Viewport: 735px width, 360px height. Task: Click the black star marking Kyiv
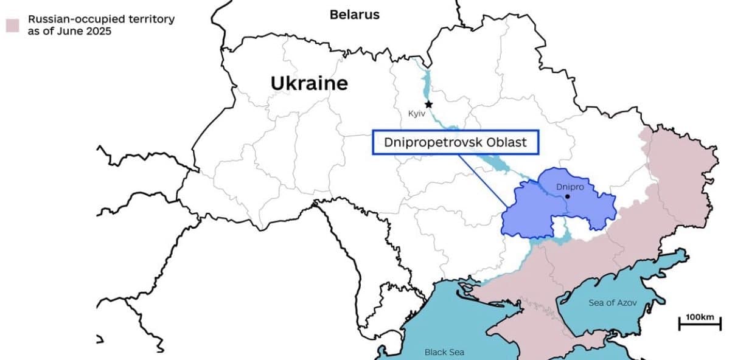[428, 105]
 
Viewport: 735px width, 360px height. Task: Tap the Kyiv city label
[417, 114]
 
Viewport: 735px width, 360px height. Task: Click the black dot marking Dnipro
[567, 196]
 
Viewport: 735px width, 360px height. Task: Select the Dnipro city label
[570, 187]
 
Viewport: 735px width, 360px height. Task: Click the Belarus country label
[354, 15]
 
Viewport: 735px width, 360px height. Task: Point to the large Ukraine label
[309, 83]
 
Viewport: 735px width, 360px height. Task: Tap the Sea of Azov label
[612, 303]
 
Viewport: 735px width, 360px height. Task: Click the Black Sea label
[444, 352]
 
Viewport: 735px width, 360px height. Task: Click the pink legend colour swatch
[13, 25]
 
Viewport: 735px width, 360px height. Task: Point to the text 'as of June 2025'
[69, 31]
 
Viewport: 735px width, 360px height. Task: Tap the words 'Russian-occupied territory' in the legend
[101, 19]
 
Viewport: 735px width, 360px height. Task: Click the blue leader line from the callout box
[484, 180]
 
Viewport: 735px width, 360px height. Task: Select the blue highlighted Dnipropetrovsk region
[529, 210]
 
